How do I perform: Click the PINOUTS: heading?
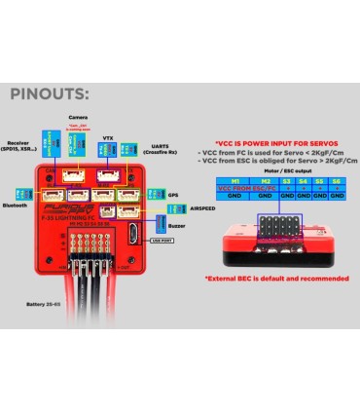pos(49,95)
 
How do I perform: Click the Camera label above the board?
pos(78,118)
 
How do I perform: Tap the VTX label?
pos(109,139)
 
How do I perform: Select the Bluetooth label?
pos(17,206)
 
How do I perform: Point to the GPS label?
pos(173,195)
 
